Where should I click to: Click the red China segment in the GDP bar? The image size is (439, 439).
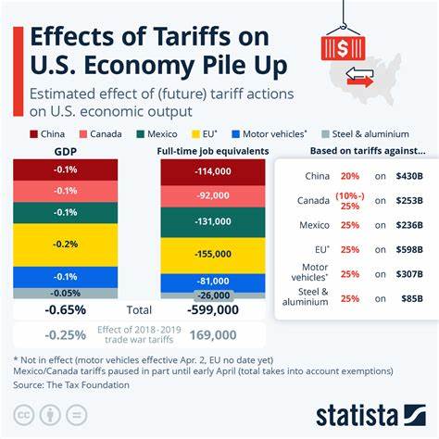[65, 169]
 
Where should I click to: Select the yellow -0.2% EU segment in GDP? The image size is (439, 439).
[65, 245]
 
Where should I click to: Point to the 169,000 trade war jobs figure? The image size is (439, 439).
[212, 334]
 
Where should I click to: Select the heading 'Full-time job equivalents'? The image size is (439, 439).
[212, 151]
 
